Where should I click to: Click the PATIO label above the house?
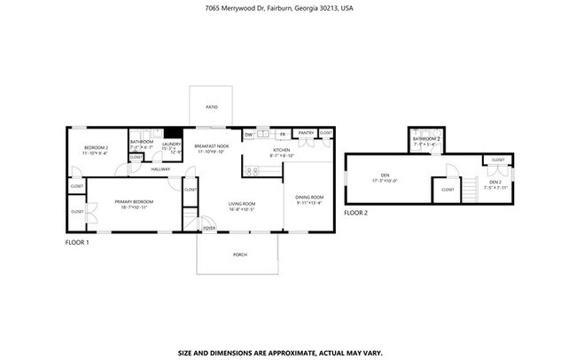click(x=211, y=106)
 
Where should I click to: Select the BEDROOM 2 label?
click(x=96, y=146)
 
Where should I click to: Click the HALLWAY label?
click(x=160, y=168)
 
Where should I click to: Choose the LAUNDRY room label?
click(x=172, y=143)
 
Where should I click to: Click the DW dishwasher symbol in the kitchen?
click(x=249, y=135)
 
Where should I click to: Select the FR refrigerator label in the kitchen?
click(x=282, y=135)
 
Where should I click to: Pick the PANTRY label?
click(x=306, y=133)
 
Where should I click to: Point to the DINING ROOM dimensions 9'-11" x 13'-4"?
click(x=310, y=202)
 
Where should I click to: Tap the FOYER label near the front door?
click(x=209, y=228)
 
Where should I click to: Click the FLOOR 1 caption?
click(x=77, y=242)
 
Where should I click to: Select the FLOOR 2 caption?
click(x=355, y=213)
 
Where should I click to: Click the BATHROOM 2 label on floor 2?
click(x=426, y=139)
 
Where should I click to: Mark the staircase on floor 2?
click(x=471, y=188)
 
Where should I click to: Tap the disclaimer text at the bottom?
click(x=280, y=352)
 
